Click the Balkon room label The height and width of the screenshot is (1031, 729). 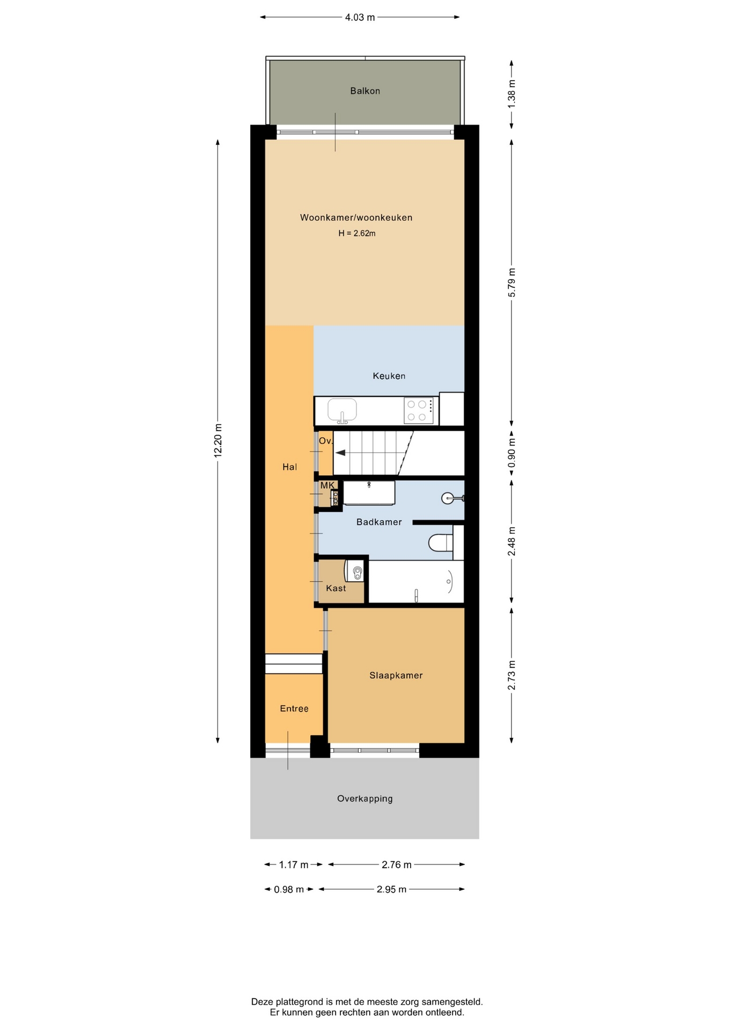(x=365, y=91)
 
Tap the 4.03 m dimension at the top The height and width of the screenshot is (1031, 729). (x=360, y=17)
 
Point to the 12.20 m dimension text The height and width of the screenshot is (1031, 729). (x=218, y=440)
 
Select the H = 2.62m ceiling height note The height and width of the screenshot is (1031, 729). (x=357, y=233)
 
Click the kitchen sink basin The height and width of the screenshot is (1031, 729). (x=342, y=410)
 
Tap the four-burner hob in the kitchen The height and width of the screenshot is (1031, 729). (x=418, y=411)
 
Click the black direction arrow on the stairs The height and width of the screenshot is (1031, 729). (x=340, y=453)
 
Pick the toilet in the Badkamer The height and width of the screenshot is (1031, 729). (x=440, y=542)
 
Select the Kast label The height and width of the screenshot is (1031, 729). (x=336, y=588)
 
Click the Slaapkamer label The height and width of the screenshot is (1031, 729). (x=396, y=676)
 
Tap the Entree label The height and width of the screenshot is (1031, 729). (x=294, y=709)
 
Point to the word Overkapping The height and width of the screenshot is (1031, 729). (x=365, y=798)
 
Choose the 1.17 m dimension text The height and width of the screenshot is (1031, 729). (x=294, y=865)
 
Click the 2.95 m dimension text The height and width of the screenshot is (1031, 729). (x=391, y=889)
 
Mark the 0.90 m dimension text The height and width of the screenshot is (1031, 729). (x=512, y=453)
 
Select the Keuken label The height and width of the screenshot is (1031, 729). (x=389, y=376)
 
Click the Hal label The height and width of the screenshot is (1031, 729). (x=290, y=467)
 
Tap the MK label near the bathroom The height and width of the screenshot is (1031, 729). (x=327, y=485)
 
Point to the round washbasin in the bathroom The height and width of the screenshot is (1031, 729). (x=448, y=498)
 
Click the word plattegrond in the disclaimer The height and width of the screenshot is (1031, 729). (x=301, y=1002)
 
